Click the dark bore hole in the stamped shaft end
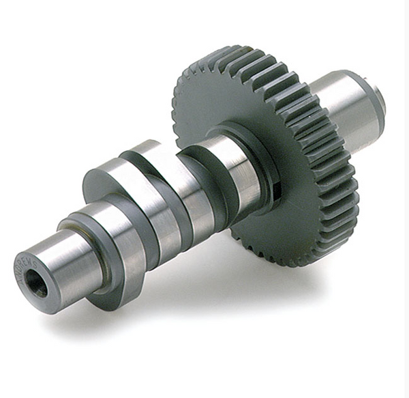[36, 283]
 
